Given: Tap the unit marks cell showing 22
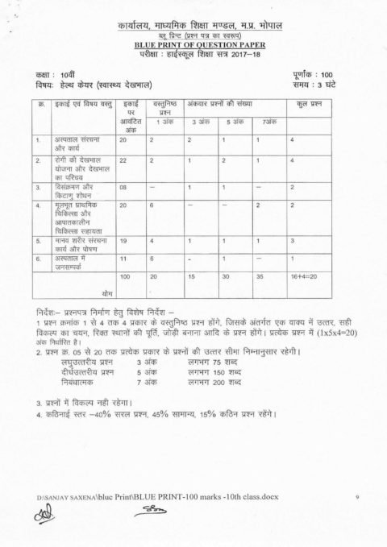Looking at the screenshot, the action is point(123,161).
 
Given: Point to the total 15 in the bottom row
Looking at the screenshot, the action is point(192,276).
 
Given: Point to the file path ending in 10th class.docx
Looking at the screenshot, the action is point(157,498).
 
